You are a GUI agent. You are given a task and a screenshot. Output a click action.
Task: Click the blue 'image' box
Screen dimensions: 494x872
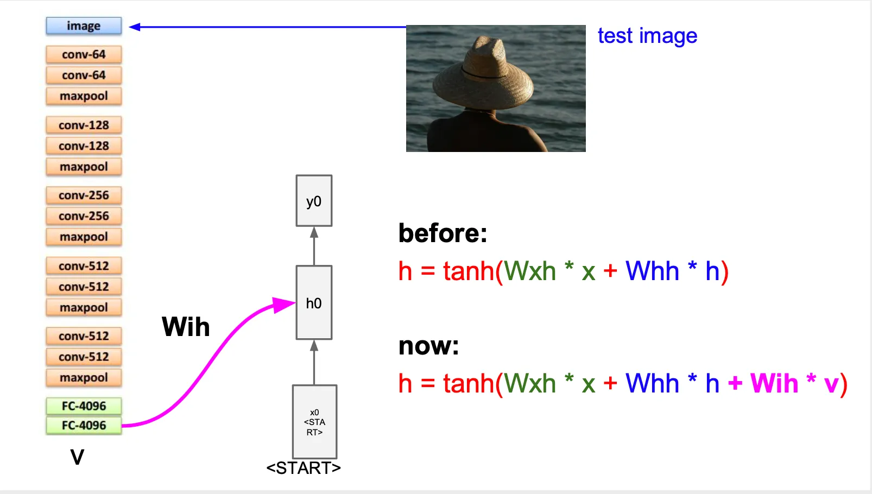[84, 26]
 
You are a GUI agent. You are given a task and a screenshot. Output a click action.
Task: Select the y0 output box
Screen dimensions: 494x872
[314, 201]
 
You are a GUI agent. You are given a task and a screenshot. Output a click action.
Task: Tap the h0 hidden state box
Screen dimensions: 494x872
[314, 302]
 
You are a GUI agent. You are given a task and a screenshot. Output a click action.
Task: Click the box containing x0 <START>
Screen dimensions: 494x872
[314, 422]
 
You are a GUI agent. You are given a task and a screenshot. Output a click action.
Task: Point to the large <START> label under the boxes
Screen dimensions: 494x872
[304, 468]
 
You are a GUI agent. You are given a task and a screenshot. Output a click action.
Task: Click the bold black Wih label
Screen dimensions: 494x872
[186, 327]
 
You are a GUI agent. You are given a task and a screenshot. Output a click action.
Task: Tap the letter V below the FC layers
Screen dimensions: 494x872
[77, 457]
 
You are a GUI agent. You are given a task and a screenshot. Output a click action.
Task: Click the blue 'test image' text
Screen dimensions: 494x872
[647, 36]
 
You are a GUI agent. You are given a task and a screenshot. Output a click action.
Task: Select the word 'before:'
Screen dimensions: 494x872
[443, 233]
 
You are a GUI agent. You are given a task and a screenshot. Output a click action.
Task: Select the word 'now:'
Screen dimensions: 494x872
[428, 346]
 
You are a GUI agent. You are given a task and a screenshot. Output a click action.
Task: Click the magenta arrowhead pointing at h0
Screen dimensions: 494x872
[285, 305]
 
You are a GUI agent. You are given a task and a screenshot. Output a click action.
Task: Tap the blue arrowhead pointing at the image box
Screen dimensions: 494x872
[135, 27]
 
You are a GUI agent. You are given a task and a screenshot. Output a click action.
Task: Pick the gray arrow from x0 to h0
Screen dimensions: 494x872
[314, 362]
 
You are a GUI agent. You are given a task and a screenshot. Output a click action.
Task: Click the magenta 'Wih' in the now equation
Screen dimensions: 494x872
[774, 384]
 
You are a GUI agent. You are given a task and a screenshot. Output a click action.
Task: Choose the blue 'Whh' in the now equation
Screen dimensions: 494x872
[652, 384]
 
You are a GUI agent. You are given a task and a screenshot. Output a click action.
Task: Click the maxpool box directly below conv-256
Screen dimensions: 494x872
[84, 237]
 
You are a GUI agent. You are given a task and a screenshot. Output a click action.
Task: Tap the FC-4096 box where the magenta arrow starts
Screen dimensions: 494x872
[84, 425]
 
